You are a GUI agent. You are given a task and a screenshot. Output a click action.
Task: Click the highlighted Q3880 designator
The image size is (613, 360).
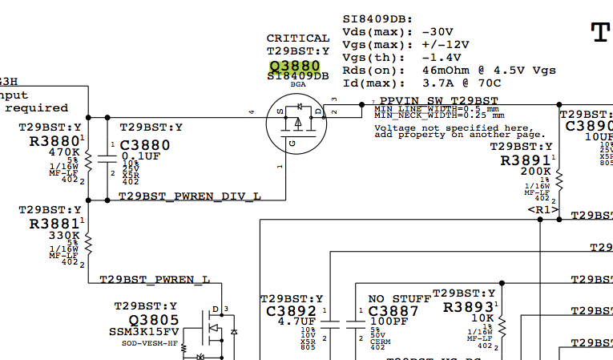tap(295, 65)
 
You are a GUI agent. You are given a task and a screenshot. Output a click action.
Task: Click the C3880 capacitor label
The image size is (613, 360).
tap(145, 146)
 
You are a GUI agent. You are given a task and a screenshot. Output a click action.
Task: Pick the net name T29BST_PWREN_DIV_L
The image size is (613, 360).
tap(190, 196)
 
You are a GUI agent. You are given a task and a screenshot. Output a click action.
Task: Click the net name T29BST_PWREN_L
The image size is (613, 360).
tap(155, 279)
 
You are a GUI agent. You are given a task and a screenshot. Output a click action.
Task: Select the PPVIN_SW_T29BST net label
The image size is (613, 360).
tap(434, 100)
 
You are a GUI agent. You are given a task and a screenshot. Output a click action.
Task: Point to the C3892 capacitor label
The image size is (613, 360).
tap(292, 311)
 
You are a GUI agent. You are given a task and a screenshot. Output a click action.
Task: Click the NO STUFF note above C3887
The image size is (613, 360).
tap(398, 299)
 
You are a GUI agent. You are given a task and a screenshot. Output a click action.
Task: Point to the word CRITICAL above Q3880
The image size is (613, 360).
tap(297, 38)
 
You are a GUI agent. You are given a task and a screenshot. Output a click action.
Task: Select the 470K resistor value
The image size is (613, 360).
tap(63, 152)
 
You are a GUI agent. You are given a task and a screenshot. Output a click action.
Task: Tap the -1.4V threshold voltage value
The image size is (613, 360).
tap(442, 57)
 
